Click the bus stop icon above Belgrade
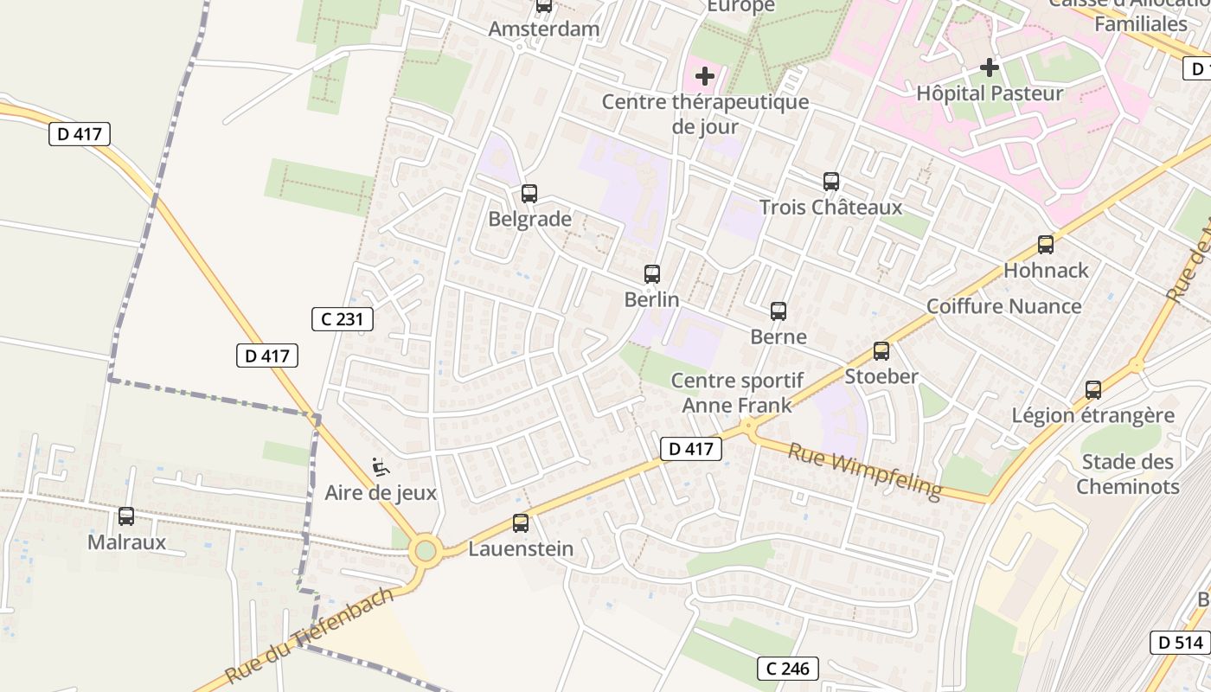[529, 194]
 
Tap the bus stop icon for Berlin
[652, 274]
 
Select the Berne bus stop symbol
[778, 311]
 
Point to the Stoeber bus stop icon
[881, 351]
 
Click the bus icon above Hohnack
[1046, 245]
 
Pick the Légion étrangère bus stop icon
[1093, 390]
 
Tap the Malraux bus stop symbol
[126, 516]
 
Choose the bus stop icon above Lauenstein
[521, 523]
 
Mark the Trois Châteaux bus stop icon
[831, 182]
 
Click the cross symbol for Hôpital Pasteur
[990, 67]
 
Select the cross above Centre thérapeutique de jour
[705, 76]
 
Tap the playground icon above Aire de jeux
[381, 467]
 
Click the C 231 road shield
[343, 319]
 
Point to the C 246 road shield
[788, 668]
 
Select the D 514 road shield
[1180, 643]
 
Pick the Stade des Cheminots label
[1127, 473]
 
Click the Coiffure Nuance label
[1003, 306]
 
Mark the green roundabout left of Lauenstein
[425, 550]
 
